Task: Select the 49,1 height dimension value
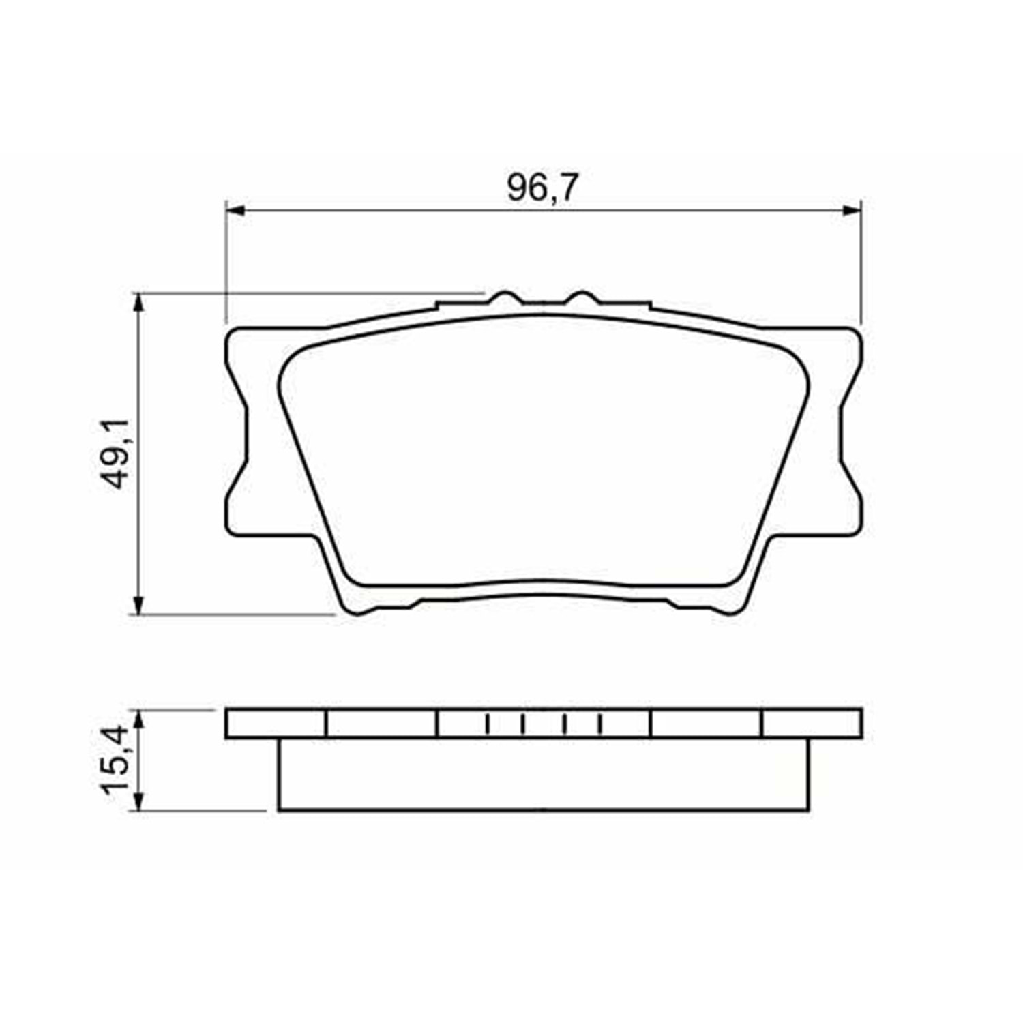[115, 454]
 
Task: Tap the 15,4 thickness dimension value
[115, 759]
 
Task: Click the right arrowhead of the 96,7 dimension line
[852, 211]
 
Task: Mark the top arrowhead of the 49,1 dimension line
[139, 303]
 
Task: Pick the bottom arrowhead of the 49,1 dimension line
[139, 604]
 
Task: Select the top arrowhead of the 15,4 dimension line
[139, 718]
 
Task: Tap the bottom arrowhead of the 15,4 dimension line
[139, 802]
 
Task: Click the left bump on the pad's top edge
[505, 297]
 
